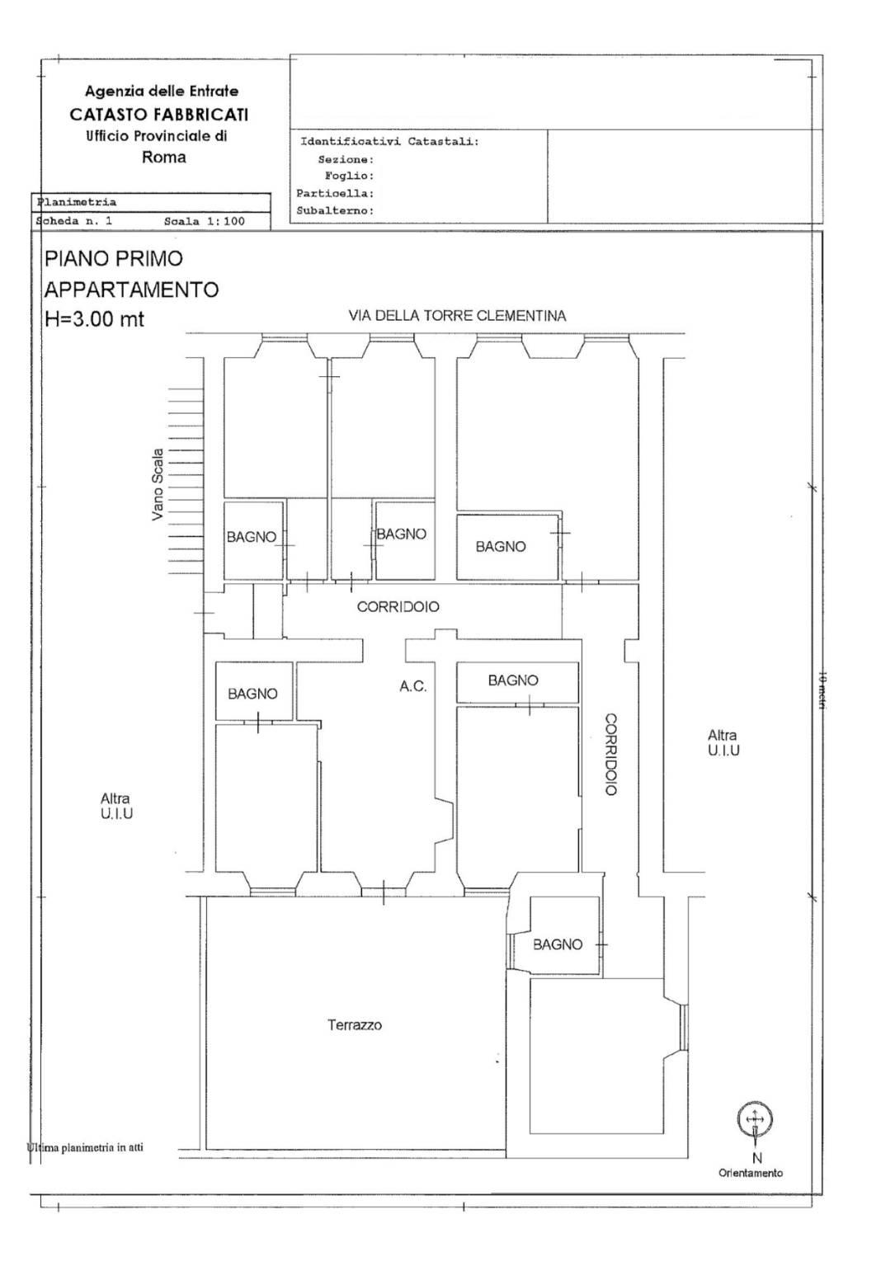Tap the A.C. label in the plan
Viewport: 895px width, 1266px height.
413,687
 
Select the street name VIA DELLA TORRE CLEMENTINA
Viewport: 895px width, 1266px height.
457,315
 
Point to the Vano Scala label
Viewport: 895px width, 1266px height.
158,484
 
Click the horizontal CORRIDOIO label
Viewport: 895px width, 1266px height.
398,607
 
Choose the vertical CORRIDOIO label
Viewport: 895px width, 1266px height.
610,755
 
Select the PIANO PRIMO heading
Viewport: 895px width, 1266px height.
114,259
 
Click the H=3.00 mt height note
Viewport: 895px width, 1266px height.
94,319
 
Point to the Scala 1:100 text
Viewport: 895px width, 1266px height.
204,222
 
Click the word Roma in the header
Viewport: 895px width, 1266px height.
164,158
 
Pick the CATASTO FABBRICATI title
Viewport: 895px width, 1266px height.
159,115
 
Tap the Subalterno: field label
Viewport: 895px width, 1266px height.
335,211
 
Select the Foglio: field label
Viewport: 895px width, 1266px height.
350,176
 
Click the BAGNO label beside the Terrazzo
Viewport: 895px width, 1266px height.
558,944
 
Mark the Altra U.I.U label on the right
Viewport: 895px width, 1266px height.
723,742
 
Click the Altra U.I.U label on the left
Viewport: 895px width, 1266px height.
116,807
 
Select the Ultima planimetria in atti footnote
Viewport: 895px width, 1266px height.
85,1148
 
